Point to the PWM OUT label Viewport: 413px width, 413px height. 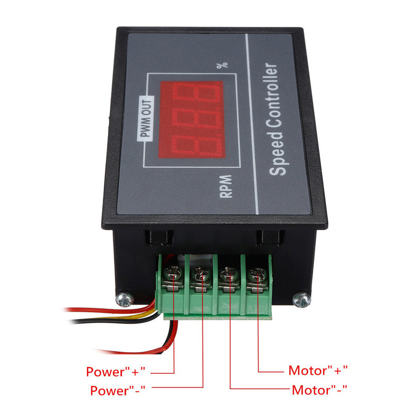145,118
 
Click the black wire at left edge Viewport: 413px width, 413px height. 77,321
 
